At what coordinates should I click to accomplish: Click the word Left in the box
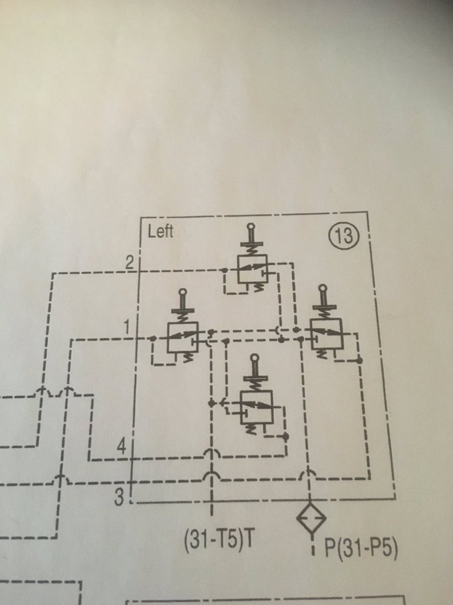coord(160,231)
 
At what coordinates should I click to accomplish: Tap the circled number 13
coord(344,236)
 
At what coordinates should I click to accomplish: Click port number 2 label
coord(130,263)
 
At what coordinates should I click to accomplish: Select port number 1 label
coord(128,327)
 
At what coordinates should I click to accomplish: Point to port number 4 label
coord(121,448)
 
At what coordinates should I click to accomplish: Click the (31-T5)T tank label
coord(219,540)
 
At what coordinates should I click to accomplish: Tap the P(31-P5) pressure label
coord(360,548)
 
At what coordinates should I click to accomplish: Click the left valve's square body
coord(183,337)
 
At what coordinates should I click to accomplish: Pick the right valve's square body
coord(327,334)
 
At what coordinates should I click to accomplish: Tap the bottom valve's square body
coord(256,407)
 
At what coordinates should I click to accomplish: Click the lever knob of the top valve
coord(251,227)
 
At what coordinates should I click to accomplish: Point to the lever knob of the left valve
coord(183,292)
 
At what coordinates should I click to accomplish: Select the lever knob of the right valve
coord(322,288)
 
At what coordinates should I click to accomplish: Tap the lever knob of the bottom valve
coord(254,358)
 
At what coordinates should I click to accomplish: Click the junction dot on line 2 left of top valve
coord(225,270)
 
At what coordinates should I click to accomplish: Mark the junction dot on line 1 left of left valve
coord(153,338)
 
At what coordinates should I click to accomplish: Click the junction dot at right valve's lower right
coord(359,360)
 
